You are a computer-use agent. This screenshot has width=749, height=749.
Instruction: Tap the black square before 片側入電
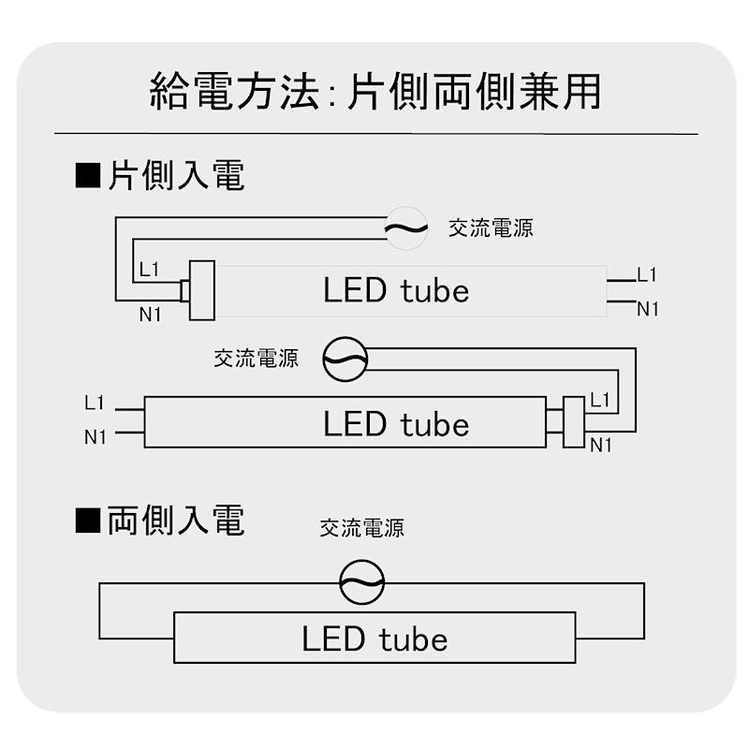click(x=87, y=176)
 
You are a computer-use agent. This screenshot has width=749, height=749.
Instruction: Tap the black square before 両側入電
click(x=87, y=521)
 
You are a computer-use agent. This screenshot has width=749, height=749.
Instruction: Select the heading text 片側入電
click(x=176, y=176)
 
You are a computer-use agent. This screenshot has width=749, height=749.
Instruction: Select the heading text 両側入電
click(x=176, y=521)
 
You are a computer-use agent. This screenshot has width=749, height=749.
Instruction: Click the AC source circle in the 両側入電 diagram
click(x=361, y=583)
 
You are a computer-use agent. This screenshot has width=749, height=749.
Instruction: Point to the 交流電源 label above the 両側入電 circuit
click(x=361, y=528)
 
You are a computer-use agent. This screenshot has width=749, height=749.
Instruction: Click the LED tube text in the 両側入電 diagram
click(x=374, y=639)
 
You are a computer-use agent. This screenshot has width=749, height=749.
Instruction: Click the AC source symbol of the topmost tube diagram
click(x=406, y=228)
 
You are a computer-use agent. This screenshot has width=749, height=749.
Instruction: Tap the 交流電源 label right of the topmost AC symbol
click(x=491, y=228)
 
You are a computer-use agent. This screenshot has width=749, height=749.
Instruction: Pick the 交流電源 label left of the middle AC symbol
click(x=256, y=359)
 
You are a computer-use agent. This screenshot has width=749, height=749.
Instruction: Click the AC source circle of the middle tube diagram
click(x=345, y=359)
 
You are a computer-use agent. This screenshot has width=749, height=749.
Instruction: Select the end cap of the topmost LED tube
click(x=200, y=290)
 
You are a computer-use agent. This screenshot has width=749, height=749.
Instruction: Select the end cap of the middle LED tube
click(x=572, y=422)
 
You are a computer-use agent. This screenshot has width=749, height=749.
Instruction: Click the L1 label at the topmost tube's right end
click(x=647, y=275)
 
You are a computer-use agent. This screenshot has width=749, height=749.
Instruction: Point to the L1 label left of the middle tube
click(x=95, y=404)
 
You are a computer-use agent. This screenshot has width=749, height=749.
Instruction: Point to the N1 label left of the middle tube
click(x=95, y=436)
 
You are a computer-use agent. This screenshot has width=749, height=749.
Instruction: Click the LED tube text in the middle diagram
click(x=396, y=424)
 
